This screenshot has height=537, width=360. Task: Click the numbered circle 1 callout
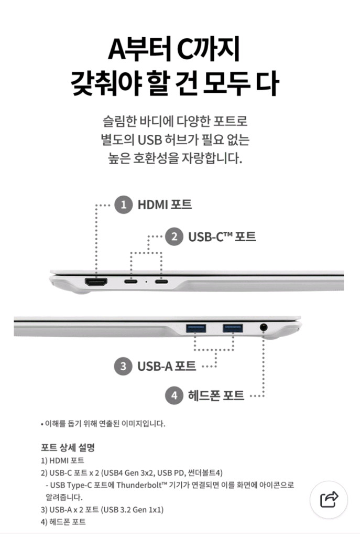pos(123,205)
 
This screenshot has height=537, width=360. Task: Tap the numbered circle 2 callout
pos(174,237)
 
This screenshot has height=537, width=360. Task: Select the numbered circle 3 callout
pos(123,366)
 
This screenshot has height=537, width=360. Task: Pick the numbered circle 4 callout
pos(174,395)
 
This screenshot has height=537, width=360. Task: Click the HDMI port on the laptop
pos(96,282)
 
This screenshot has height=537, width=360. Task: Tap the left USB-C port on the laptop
pos(131,282)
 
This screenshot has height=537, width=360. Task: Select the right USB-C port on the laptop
pos(161,282)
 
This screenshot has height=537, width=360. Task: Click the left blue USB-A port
pos(195,328)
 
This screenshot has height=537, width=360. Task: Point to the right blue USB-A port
pos(232,328)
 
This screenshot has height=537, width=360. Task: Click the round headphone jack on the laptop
pos(264,327)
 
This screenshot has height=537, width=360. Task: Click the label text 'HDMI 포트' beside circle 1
pos(165,205)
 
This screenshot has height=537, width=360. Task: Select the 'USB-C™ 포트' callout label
pos(222,237)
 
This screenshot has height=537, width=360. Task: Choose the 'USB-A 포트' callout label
pos(167,366)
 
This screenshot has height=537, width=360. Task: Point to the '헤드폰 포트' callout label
pos(216,395)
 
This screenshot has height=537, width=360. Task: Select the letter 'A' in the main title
pos(118,50)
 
